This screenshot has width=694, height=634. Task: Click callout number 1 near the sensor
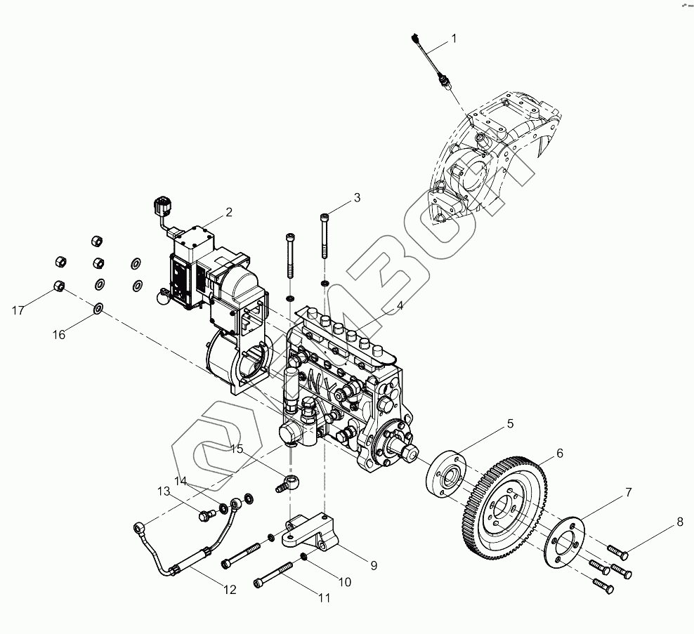[x=454, y=39]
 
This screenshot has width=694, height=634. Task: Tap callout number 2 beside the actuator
[x=228, y=211]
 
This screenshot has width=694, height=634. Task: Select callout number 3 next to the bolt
[x=357, y=197]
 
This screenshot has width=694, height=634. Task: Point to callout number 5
[x=511, y=423]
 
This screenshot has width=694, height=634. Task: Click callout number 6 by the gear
[x=560, y=453]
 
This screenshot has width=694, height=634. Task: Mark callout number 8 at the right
[x=679, y=522]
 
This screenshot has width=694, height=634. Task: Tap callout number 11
[x=324, y=598]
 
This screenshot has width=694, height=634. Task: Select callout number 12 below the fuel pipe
[x=230, y=590]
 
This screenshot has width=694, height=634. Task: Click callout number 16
[x=58, y=335]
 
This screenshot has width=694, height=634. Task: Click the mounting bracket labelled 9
[x=309, y=534]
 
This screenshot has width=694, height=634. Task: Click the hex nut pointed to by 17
[x=60, y=286]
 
